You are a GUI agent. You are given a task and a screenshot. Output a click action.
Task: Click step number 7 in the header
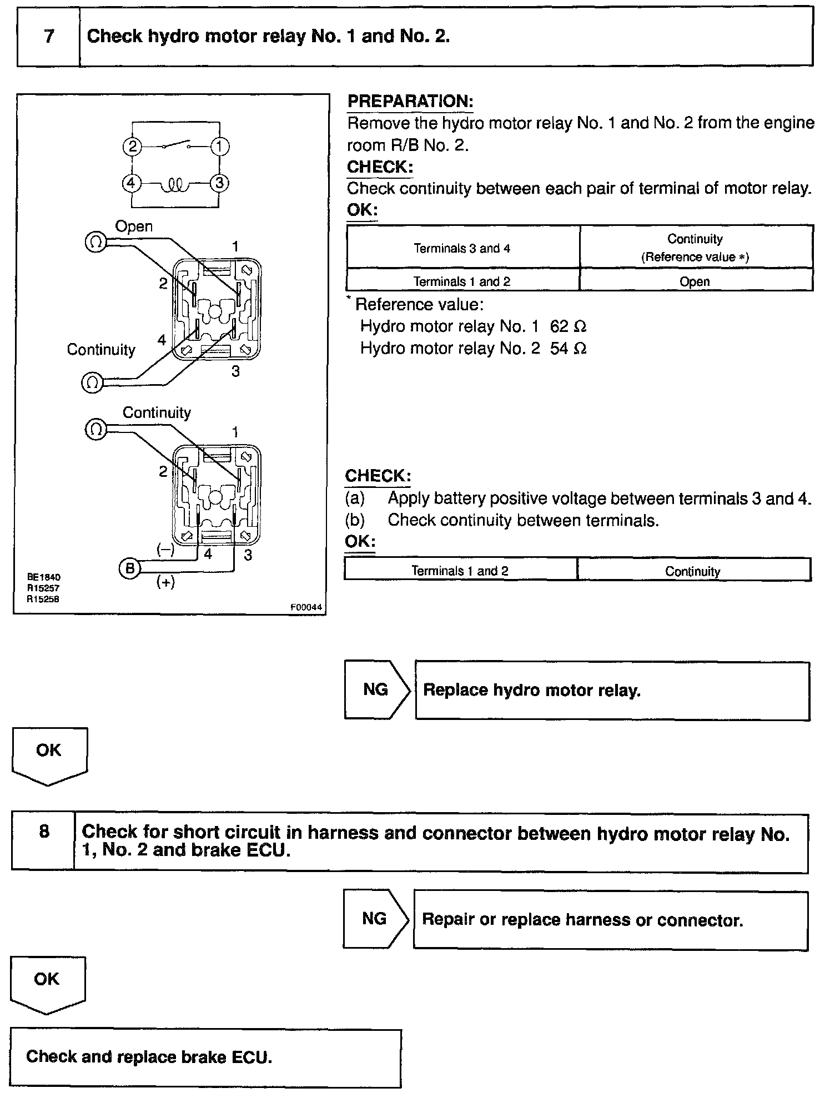tap(49, 37)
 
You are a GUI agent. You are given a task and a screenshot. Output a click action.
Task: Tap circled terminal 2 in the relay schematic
tap(132, 147)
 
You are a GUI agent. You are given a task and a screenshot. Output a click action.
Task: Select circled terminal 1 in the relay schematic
tap(220, 147)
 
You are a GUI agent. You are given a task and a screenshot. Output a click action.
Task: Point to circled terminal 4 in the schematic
tap(132, 183)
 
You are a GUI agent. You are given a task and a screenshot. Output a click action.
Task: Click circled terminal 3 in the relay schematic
tap(220, 183)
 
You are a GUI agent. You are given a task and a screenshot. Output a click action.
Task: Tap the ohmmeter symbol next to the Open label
tap(95, 242)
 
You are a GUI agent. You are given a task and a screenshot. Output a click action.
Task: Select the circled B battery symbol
tap(129, 568)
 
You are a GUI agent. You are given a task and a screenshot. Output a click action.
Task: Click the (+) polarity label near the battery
tap(165, 582)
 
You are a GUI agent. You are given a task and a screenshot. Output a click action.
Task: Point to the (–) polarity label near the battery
tap(165, 550)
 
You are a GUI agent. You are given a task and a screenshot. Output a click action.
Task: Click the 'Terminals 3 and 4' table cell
tap(462, 248)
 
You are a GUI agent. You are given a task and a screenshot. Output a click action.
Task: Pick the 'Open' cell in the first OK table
tap(695, 281)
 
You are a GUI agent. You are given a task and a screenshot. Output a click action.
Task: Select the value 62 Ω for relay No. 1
tap(568, 326)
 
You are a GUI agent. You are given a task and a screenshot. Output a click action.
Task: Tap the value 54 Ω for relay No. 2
tap(568, 348)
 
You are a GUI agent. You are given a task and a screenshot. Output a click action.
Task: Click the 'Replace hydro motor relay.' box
tap(612, 691)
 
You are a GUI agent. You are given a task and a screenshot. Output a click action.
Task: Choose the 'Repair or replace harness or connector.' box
tap(610, 920)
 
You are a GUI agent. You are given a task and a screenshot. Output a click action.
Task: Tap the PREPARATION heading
tap(410, 102)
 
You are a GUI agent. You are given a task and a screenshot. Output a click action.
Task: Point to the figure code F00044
tap(306, 607)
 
